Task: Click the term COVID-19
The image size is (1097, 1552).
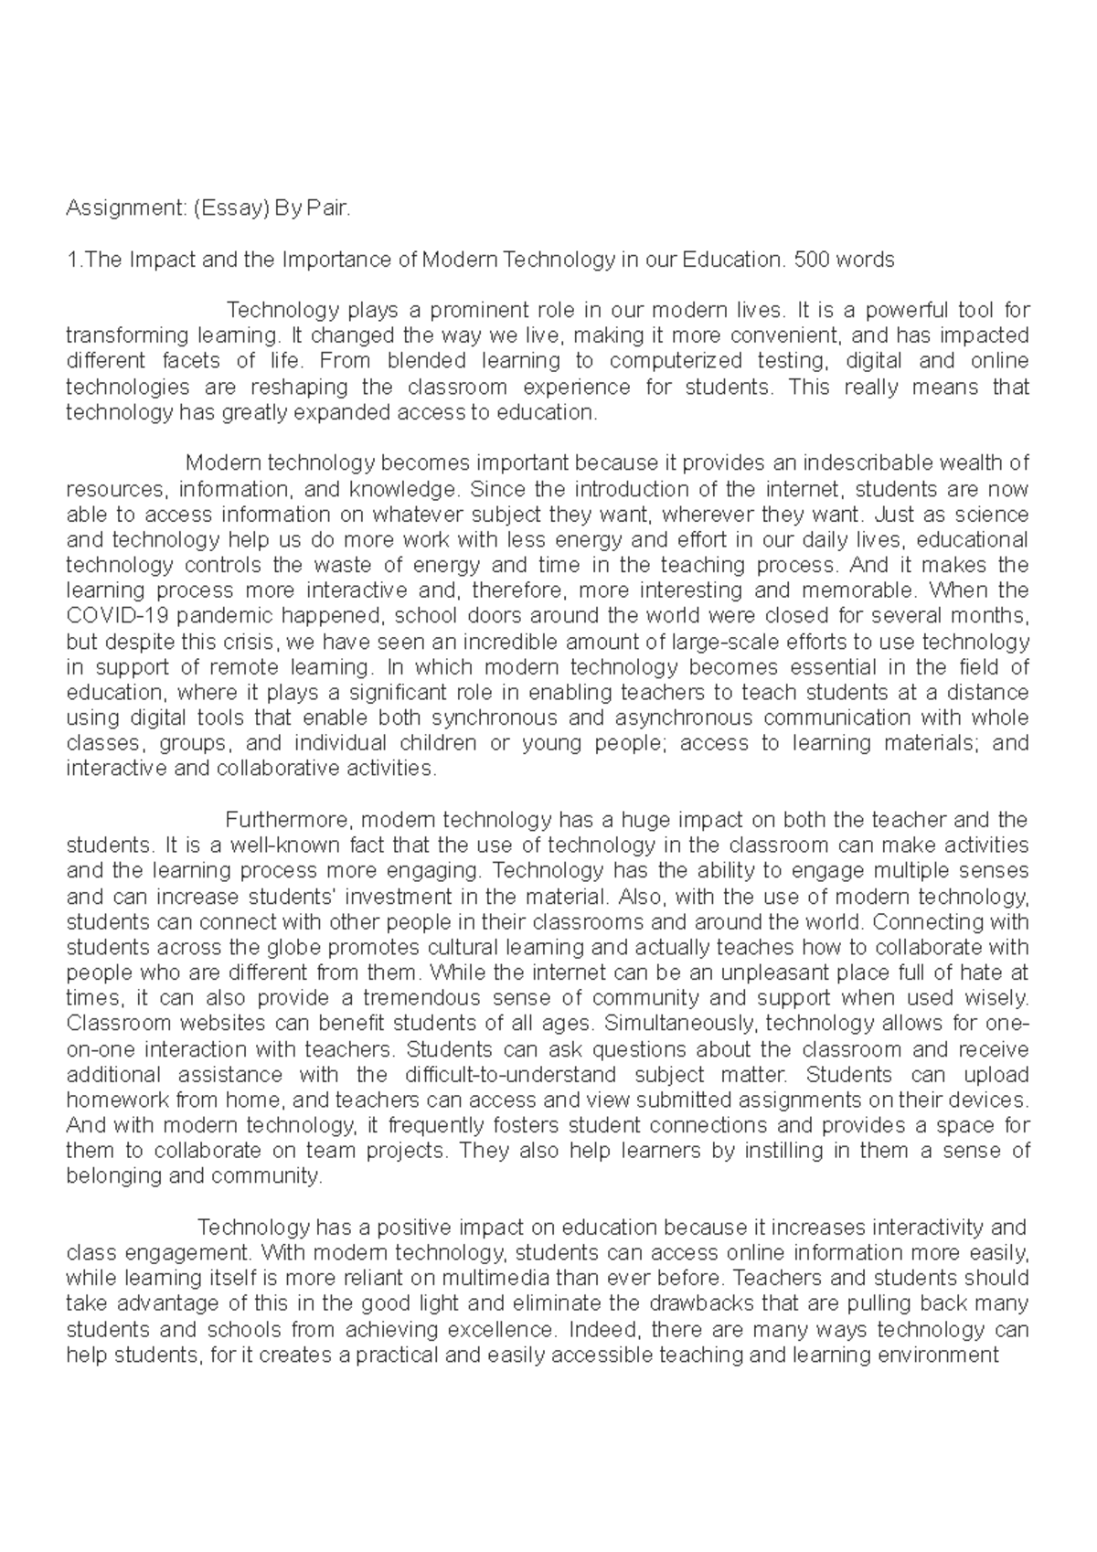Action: point(115,615)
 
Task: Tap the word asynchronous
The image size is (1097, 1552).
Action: point(666,717)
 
